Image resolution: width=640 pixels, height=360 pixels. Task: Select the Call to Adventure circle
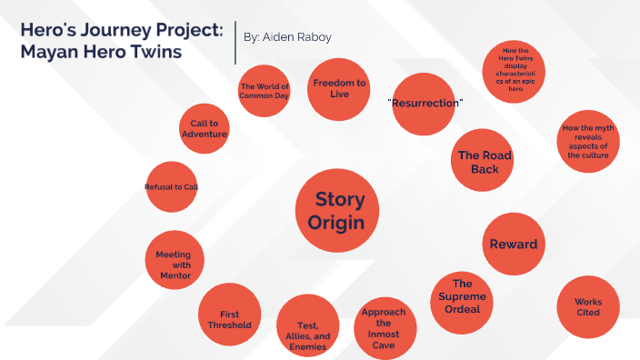(204, 128)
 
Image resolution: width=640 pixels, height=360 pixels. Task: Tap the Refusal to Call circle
(171, 187)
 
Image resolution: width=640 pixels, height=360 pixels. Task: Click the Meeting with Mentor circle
(173, 261)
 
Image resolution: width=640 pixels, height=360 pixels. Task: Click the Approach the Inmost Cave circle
(383, 328)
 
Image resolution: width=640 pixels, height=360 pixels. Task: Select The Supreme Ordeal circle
(462, 296)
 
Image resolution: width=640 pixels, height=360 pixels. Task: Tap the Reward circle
(513, 244)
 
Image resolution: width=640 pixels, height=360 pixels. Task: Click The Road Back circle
(484, 162)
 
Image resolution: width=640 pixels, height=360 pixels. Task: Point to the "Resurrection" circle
(425, 104)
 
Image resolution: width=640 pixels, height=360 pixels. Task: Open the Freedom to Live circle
(338, 88)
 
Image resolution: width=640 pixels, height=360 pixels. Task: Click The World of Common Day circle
(264, 91)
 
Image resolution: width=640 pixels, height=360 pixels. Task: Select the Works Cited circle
(587, 306)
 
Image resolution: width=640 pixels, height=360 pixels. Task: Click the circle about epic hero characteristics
(513, 73)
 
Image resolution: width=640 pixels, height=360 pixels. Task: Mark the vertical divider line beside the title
(235, 42)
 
